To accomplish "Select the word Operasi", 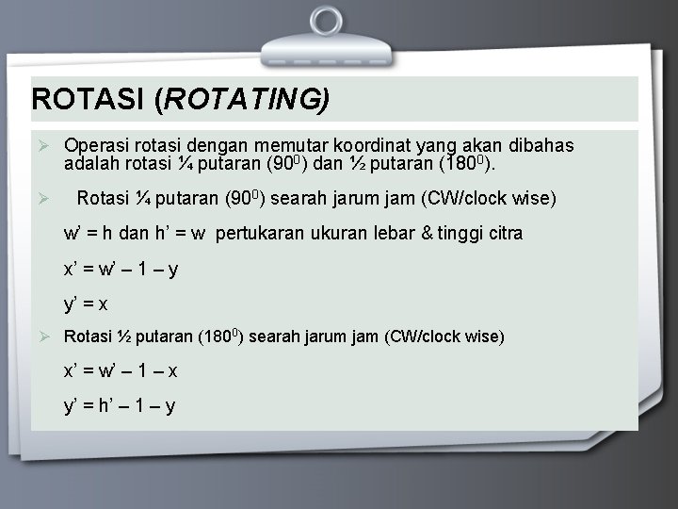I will point(96,146).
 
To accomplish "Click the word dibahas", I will point(541,146).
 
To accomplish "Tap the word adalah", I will point(91,163).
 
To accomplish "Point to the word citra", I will point(502,233).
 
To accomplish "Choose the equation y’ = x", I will point(86,304).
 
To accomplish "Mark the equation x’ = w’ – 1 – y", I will point(121,269).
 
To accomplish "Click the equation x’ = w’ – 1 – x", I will point(121,370).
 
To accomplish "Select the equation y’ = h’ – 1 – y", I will point(120,406).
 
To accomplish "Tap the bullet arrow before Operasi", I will point(42,146).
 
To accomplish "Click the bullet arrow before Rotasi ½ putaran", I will point(42,337).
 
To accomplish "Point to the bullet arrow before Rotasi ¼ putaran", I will point(42,199).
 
